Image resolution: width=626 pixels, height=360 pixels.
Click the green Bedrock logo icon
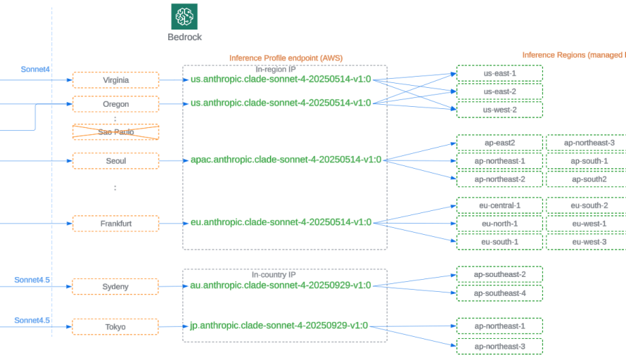coord(184,16)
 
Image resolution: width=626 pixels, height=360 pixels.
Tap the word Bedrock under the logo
coord(184,37)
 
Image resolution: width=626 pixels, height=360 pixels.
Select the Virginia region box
coord(115,80)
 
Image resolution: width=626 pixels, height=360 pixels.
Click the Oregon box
coord(115,104)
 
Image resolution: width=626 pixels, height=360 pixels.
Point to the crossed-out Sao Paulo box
coord(115,132)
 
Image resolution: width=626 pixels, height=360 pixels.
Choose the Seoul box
coord(115,161)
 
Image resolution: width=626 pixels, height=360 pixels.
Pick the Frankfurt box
coord(115,224)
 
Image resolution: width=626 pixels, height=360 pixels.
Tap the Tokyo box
coord(115,326)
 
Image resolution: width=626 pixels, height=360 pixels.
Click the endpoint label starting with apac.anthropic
coord(286,160)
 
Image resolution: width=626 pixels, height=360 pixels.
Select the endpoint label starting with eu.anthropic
coord(281,222)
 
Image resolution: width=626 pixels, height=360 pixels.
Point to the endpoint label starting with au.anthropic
coord(281,285)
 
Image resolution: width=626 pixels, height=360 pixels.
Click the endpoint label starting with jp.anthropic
coord(279,326)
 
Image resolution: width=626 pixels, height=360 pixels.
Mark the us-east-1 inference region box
coord(499,73)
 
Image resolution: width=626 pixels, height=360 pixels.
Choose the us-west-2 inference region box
coord(499,110)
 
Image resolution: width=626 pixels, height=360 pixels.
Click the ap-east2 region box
coord(499,143)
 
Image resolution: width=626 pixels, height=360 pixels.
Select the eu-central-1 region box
coord(499,205)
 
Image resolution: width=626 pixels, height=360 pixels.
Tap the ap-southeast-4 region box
coord(499,292)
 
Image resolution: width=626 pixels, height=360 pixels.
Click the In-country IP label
coord(274,275)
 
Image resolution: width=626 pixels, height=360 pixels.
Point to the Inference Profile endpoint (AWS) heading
coord(286,58)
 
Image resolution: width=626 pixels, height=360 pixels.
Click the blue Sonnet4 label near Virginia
coord(35,69)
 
